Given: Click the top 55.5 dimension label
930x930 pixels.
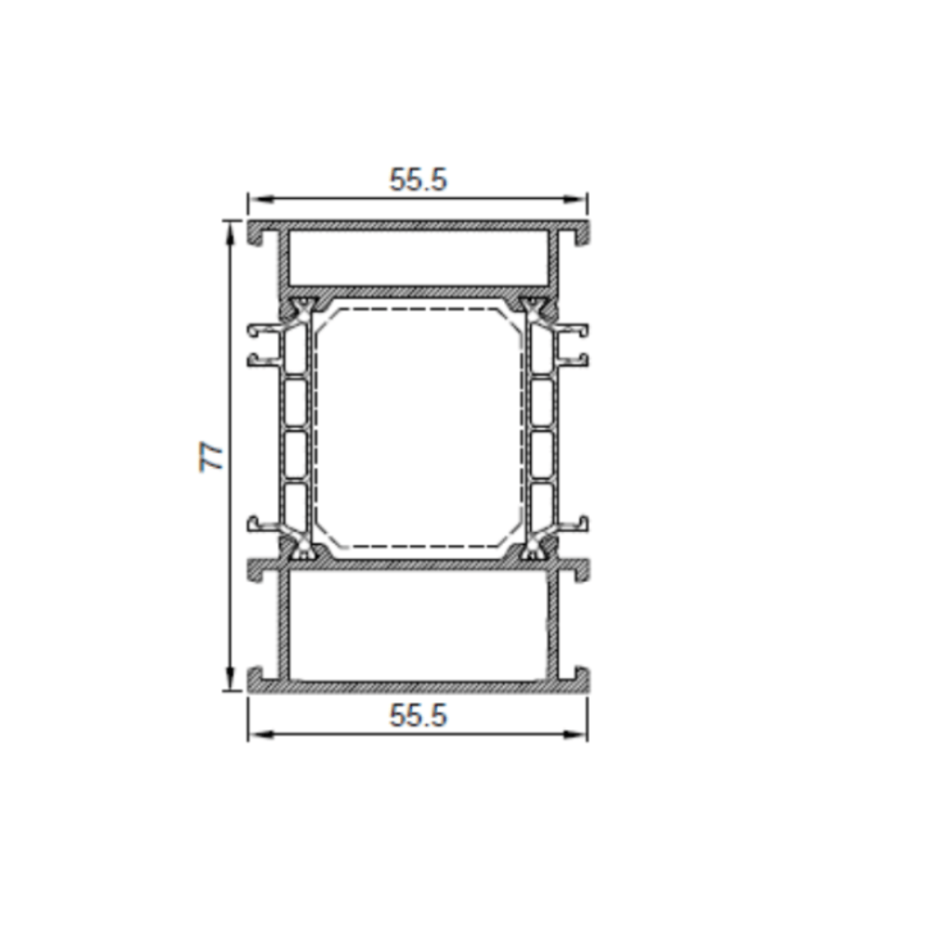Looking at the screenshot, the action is pos(418,179).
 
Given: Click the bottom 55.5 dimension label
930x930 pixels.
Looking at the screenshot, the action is pos(418,715).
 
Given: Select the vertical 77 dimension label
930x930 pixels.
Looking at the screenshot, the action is pos(210,456).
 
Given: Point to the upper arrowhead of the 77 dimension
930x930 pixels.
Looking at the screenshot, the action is pos(230,233).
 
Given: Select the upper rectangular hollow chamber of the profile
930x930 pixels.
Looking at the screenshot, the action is pos(418,258).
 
